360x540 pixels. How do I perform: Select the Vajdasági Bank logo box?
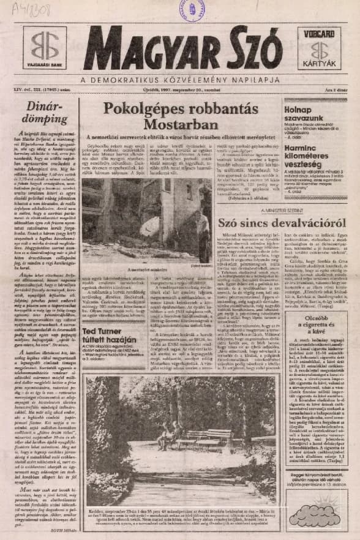[x=45, y=48]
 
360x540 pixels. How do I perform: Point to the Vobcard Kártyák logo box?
[x=319, y=48]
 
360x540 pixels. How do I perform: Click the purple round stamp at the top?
[x=190, y=10]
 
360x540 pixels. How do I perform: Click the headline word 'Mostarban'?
[x=180, y=125]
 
